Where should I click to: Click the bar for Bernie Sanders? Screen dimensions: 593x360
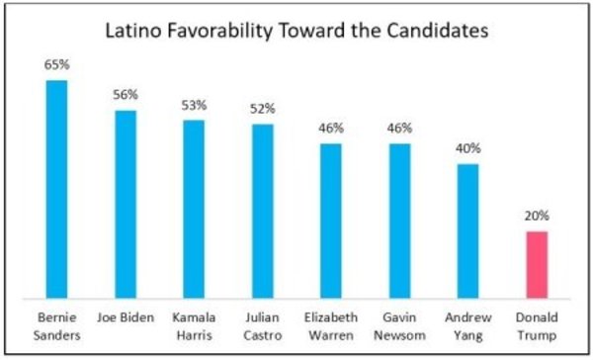coord(56,189)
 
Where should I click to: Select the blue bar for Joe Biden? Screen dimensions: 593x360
coord(126,205)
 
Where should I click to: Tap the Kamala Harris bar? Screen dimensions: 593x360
coord(194,210)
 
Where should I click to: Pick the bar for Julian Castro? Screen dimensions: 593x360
coord(263,212)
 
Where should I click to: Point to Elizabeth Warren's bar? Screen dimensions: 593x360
coord(331,222)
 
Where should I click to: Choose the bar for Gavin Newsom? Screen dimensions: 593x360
coord(399,222)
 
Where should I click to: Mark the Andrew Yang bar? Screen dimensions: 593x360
coord(468,231)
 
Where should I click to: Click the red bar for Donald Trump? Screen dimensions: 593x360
coord(537,265)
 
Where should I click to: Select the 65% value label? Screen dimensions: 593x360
coord(57,64)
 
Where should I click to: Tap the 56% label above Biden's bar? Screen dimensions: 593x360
coord(126,95)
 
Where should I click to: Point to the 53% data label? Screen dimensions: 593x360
coord(194,105)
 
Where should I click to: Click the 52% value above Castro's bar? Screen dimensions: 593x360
coord(263,109)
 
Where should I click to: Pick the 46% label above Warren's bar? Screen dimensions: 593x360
coord(331,129)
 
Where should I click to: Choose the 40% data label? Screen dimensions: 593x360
coord(468,148)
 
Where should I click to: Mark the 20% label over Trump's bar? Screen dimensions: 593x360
coord(537,216)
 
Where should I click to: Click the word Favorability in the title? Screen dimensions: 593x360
coord(219,31)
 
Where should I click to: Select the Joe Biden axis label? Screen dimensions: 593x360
coord(126,317)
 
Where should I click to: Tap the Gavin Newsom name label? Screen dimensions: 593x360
coord(399,326)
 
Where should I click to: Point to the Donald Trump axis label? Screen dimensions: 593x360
coord(537,326)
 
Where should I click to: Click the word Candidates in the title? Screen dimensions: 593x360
coord(437,31)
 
